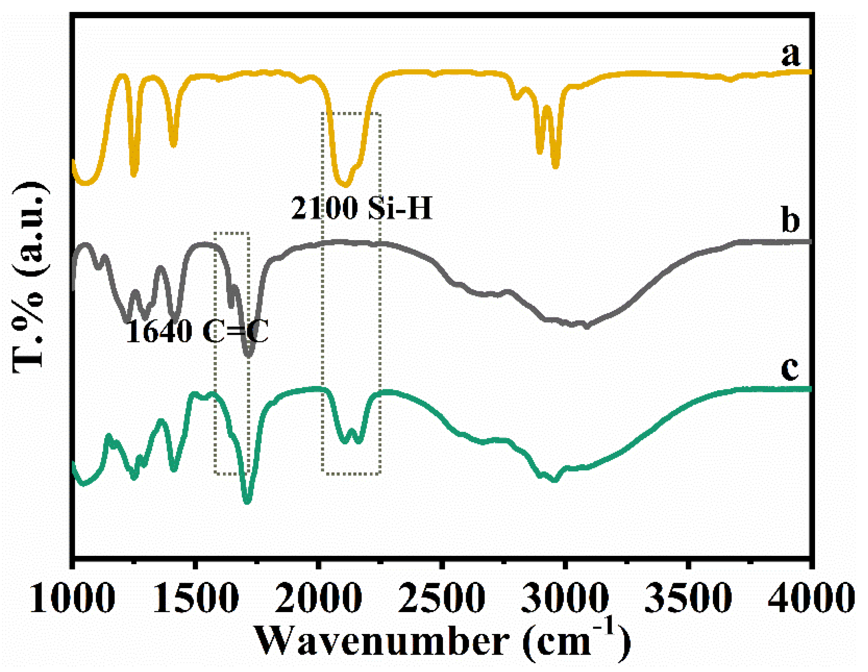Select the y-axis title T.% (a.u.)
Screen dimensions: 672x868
tap(29, 277)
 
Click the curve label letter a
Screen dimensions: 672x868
tap(791, 54)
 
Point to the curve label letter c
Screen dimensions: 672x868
tap(790, 367)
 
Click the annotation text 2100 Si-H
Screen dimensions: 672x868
tap(361, 208)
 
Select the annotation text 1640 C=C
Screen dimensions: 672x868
tap(197, 331)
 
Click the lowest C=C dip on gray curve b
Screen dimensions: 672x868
tap(248, 354)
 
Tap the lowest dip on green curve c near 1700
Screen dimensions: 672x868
tap(247, 501)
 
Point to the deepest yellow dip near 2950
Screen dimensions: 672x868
tap(555, 165)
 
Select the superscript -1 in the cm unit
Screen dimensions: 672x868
tap(605, 626)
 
